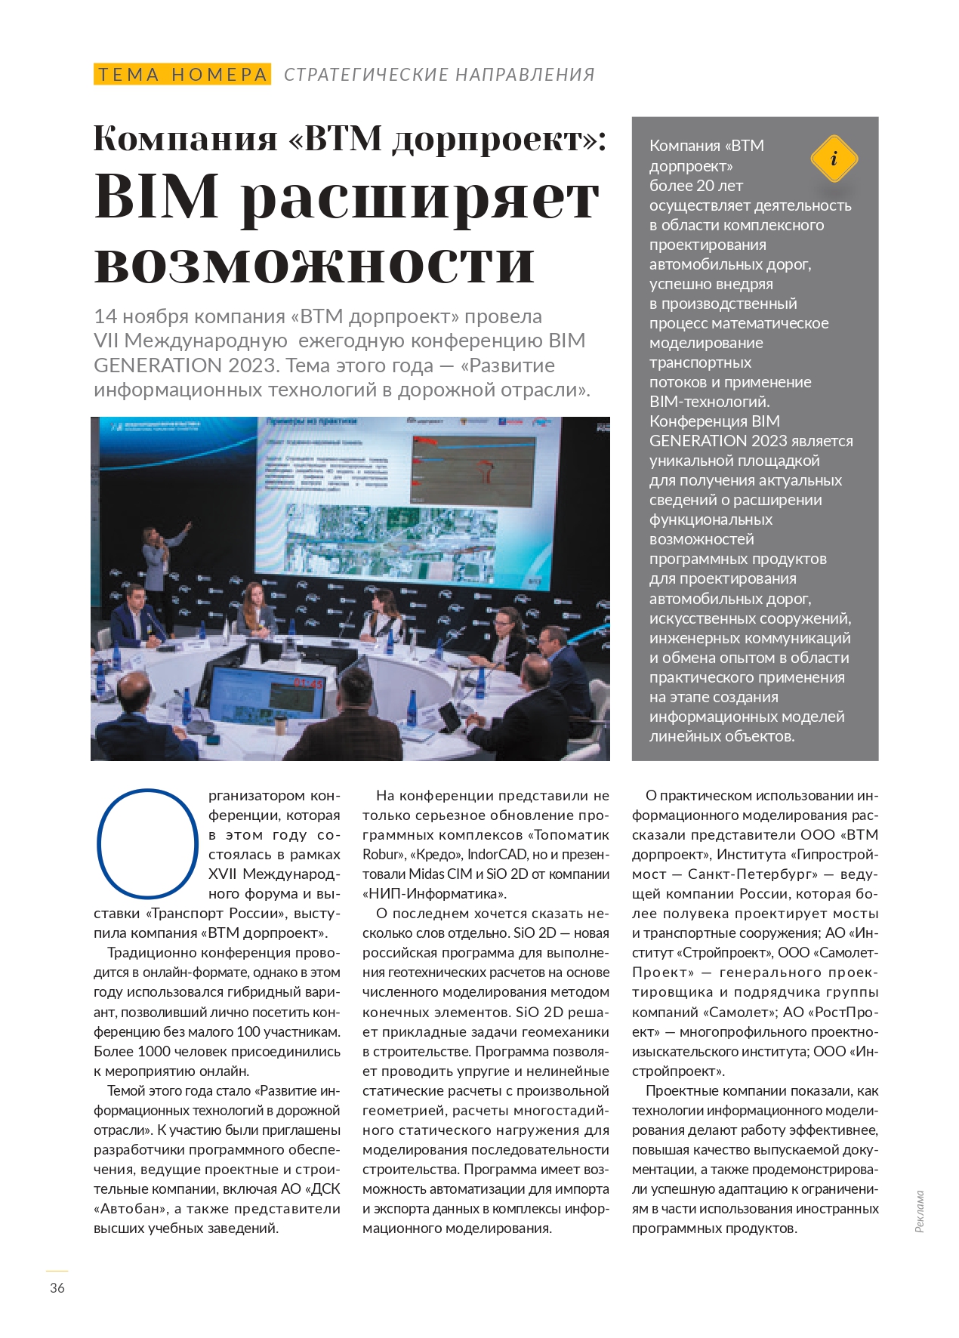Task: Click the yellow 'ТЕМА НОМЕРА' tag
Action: click(182, 74)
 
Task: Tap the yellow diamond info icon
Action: click(834, 159)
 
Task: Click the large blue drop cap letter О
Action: click(148, 843)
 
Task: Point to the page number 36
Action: click(57, 1287)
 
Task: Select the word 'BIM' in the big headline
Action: click(156, 197)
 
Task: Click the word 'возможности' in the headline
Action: click(314, 262)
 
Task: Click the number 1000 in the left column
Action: click(154, 1051)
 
